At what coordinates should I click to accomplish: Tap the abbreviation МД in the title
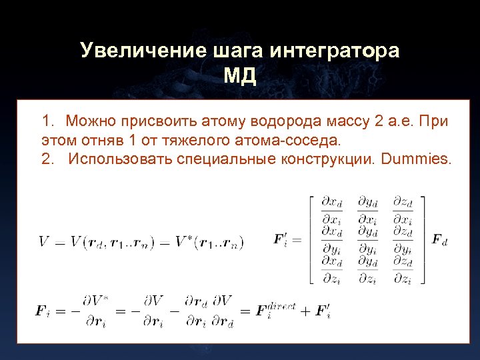tap(240, 76)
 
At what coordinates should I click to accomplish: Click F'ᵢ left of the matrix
tap(281, 239)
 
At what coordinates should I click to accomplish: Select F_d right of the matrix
tap(439, 239)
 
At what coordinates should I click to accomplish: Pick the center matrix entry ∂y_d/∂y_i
tap(367, 239)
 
